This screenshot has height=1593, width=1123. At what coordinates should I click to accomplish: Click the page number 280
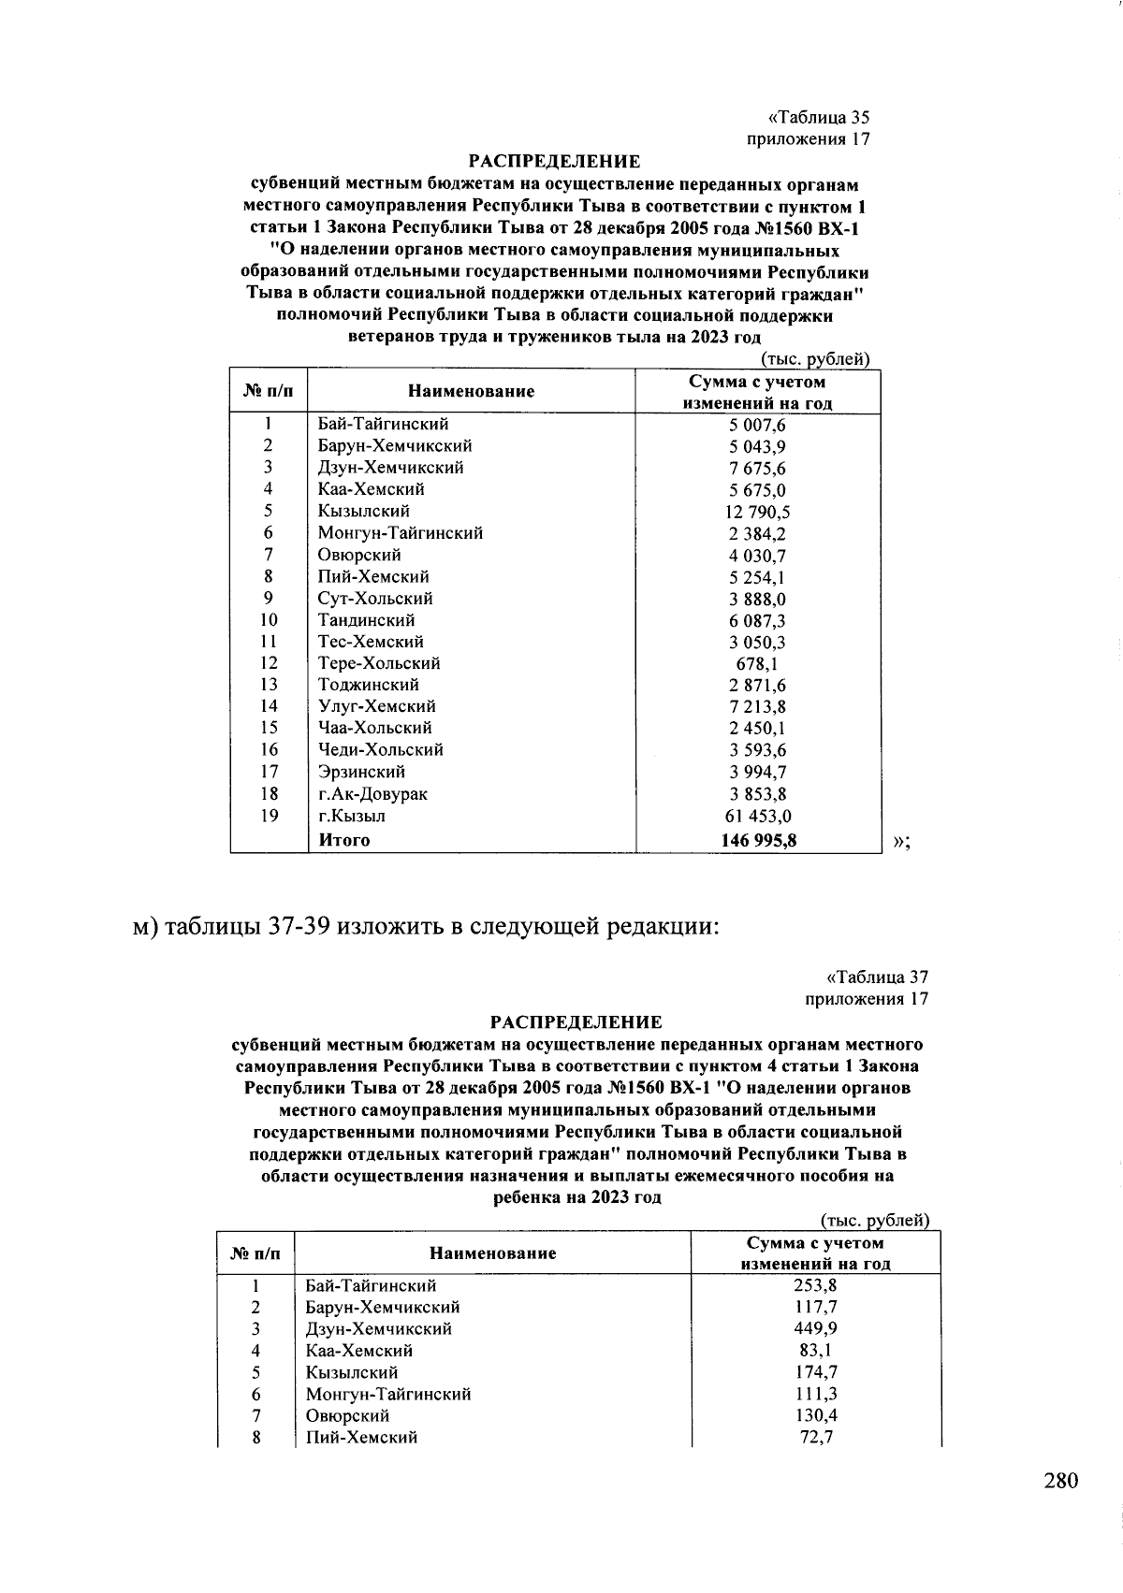(1060, 1481)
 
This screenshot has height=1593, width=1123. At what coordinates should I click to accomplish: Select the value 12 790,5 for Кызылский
(757, 512)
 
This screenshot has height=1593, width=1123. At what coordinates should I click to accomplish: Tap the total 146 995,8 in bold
(758, 840)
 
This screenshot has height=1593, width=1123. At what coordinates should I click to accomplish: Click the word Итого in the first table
(344, 840)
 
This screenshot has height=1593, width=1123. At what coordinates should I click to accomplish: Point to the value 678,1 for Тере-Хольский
(757, 663)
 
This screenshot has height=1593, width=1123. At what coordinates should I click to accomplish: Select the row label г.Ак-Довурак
(372, 794)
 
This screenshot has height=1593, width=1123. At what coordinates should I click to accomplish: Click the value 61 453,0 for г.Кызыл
(757, 817)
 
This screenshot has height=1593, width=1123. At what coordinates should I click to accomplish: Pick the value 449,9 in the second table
(815, 1329)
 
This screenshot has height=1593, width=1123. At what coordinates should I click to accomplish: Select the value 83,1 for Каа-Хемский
(815, 1351)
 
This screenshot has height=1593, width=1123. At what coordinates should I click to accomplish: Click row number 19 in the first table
(269, 816)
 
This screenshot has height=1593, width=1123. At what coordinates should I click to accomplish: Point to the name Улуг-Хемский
(376, 706)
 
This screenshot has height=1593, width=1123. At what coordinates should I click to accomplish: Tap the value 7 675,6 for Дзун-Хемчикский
(757, 468)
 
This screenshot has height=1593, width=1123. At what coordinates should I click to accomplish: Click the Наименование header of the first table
(471, 392)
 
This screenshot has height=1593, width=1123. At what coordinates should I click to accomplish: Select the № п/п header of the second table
(255, 1253)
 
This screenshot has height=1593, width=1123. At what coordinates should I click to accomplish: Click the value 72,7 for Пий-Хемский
(815, 1437)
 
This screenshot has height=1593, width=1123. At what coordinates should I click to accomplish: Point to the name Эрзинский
(361, 772)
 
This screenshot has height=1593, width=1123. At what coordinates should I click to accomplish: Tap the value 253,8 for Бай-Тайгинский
(815, 1286)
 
